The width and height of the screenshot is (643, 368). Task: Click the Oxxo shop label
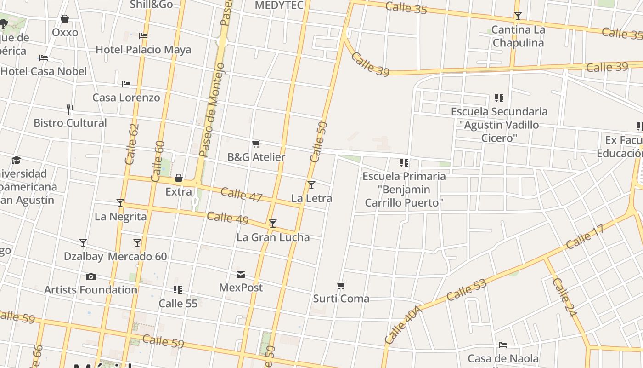point(65,32)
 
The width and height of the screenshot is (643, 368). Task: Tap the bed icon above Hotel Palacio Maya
point(143,36)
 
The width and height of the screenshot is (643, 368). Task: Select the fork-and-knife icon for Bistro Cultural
point(70,109)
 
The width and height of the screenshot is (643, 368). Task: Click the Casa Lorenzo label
point(126,98)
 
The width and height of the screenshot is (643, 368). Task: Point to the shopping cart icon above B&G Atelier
point(256,144)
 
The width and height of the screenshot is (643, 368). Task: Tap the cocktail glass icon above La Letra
point(311,185)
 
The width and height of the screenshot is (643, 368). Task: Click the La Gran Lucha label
point(273,237)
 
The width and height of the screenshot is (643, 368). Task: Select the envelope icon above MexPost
point(241,275)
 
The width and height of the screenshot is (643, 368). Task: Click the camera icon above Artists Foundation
point(91,276)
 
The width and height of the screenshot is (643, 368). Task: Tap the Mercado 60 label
point(137,257)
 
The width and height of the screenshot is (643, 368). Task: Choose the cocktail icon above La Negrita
point(120,203)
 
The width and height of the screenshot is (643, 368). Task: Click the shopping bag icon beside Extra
point(179,178)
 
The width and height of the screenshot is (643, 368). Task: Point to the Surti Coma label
point(341,299)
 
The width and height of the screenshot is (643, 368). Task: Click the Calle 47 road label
point(242,195)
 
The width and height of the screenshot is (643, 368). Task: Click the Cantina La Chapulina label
point(518,36)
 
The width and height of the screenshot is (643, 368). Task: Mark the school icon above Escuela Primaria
point(404,162)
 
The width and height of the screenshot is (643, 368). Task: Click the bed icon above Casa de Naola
point(503,345)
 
